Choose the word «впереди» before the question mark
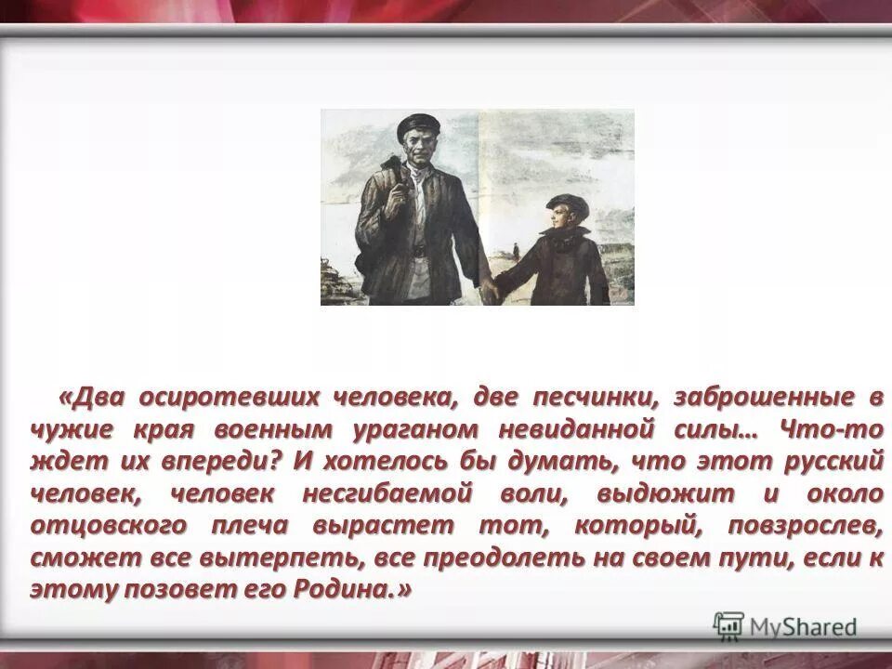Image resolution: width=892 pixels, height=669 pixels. (204, 462)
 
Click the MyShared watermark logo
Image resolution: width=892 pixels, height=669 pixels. (785, 625)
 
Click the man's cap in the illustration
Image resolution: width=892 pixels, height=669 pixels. (417, 125)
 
